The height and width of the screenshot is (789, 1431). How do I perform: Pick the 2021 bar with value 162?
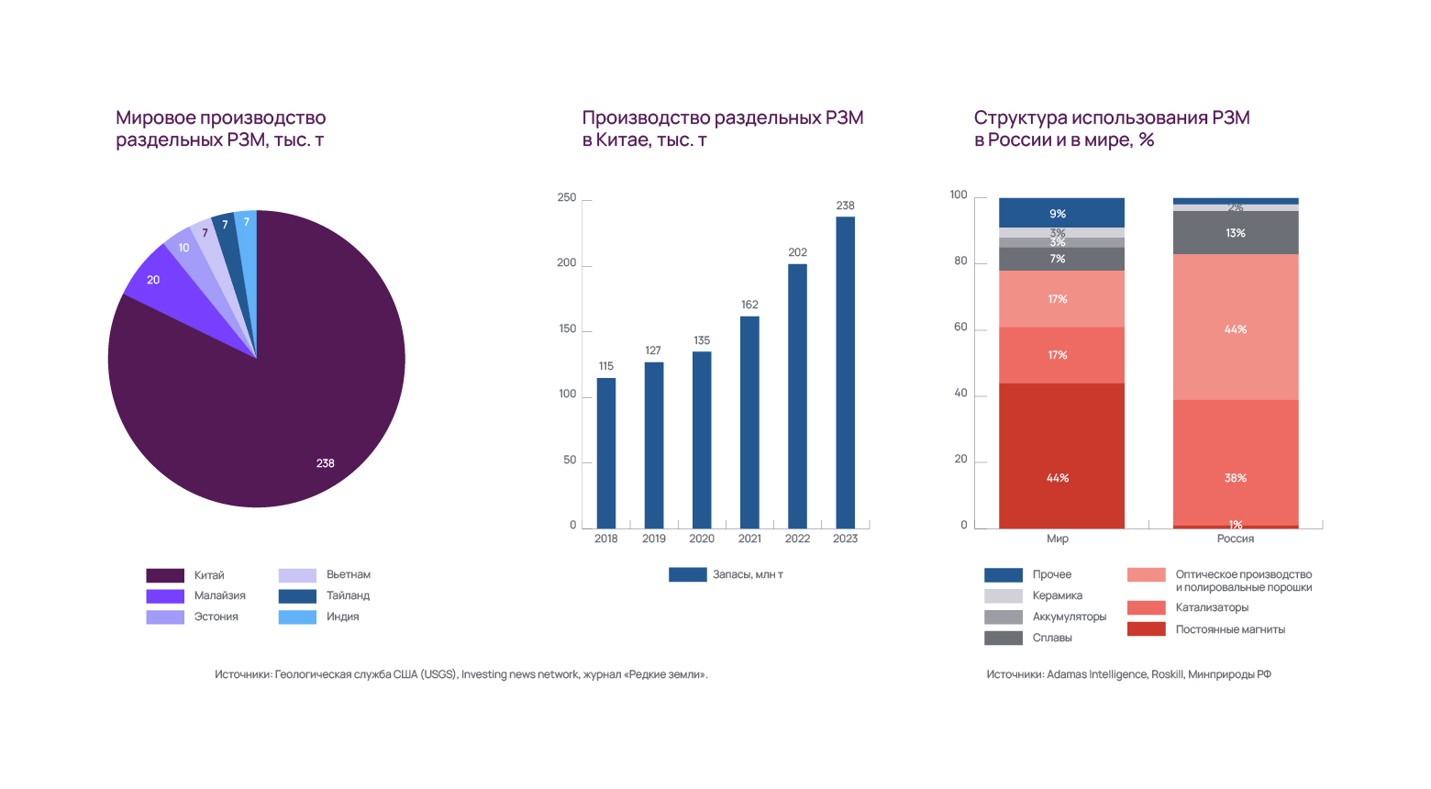point(749,422)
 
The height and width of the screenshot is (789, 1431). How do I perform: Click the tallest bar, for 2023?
point(845,372)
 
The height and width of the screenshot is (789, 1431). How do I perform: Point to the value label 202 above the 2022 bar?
point(797,252)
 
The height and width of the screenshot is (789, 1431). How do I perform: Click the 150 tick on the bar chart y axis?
point(568,328)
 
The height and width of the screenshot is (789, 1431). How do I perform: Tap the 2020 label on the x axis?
point(702,539)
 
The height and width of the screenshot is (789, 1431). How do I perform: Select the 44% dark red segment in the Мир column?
point(1061,456)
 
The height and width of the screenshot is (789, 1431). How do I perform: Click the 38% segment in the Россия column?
point(1236,462)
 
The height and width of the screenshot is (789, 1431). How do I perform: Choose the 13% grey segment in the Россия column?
point(1236,233)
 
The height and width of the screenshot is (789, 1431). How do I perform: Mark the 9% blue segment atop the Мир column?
point(1061,213)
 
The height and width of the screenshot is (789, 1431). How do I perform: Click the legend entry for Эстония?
point(216,617)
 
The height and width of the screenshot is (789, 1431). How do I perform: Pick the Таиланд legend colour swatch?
point(297,596)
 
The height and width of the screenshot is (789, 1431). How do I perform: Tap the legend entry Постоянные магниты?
point(1230,629)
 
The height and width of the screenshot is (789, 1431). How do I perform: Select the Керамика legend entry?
point(1057,595)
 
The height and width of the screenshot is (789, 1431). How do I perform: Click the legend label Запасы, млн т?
point(748,574)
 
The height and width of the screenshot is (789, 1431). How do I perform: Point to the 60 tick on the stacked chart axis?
point(960,328)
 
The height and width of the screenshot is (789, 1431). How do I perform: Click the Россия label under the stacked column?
point(1236,539)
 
